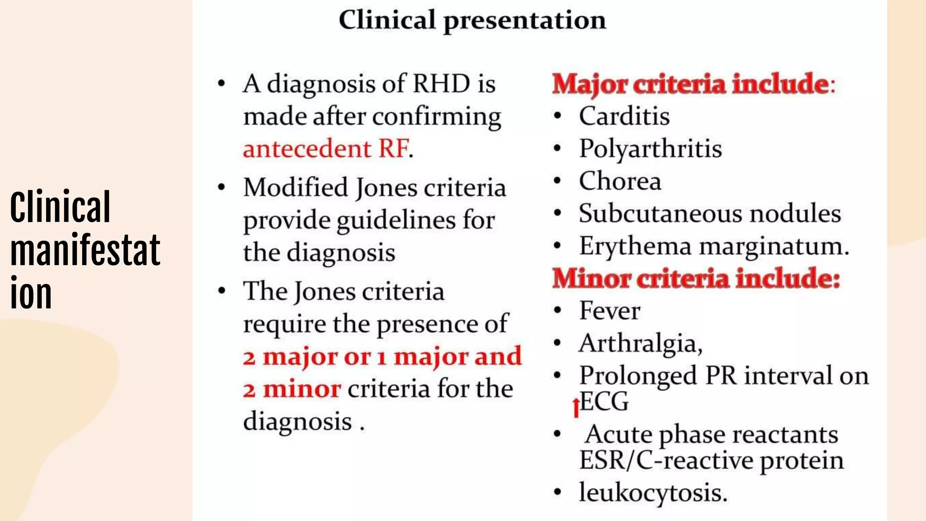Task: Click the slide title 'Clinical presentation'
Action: [x=472, y=20]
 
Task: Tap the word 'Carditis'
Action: [x=624, y=116]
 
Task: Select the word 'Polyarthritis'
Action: [x=650, y=149]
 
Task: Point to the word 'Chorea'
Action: [x=620, y=181]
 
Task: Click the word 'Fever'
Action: [x=609, y=311]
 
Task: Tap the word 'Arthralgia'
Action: [x=640, y=343]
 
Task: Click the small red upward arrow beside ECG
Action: [x=576, y=407]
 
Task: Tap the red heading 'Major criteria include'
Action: [x=693, y=84]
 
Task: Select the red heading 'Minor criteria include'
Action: [x=696, y=278]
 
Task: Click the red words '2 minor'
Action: [x=292, y=389]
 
